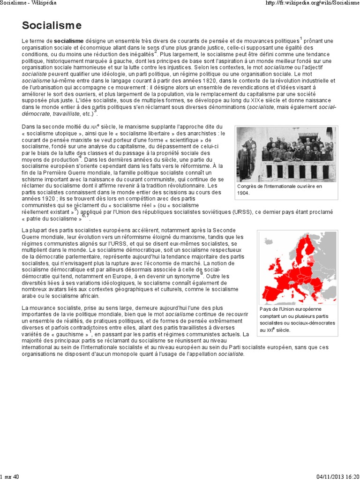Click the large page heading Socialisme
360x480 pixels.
52,25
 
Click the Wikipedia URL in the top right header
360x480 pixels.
312,3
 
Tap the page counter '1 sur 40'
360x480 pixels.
10,477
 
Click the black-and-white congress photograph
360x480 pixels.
286,154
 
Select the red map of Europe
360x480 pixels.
298,268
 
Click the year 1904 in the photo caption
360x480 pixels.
244,192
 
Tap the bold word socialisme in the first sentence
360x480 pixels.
68,41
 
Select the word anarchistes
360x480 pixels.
204,133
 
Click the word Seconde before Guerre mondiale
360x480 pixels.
226,231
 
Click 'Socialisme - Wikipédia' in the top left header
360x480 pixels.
29,3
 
